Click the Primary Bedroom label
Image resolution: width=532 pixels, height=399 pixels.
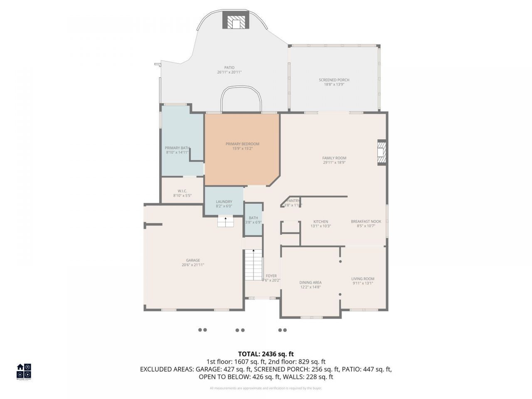click(242, 144)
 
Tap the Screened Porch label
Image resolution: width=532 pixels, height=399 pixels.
click(334, 80)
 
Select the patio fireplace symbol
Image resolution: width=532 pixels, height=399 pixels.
click(236, 21)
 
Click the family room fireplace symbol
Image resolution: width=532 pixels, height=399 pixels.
click(382, 153)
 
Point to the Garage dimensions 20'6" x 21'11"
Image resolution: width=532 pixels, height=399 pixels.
click(193, 265)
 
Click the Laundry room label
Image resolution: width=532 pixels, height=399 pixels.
click(224, 202)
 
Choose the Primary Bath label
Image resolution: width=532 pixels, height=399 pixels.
click(177, 148)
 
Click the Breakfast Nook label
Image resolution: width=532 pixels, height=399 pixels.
click(366, 222)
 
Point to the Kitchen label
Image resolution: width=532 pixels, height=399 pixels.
click(320, 222)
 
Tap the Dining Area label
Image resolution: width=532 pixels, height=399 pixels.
click(310, 283)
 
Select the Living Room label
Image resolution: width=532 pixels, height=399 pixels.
click(363, 279)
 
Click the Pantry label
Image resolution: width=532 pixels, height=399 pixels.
click(293, 201)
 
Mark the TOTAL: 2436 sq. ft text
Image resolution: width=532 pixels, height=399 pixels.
click(266, 354)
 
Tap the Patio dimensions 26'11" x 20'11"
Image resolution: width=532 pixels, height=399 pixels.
click(229, 72)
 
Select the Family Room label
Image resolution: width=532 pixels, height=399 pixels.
click(334, 158)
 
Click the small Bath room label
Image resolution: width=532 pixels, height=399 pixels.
click(253, 218)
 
